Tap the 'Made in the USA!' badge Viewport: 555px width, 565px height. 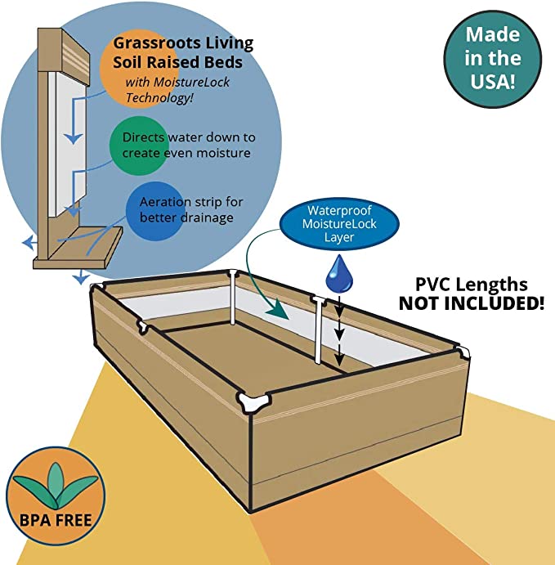[493, 58]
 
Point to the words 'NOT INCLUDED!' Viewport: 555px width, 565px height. [472, 303]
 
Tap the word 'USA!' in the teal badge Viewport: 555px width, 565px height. [493, 82]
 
